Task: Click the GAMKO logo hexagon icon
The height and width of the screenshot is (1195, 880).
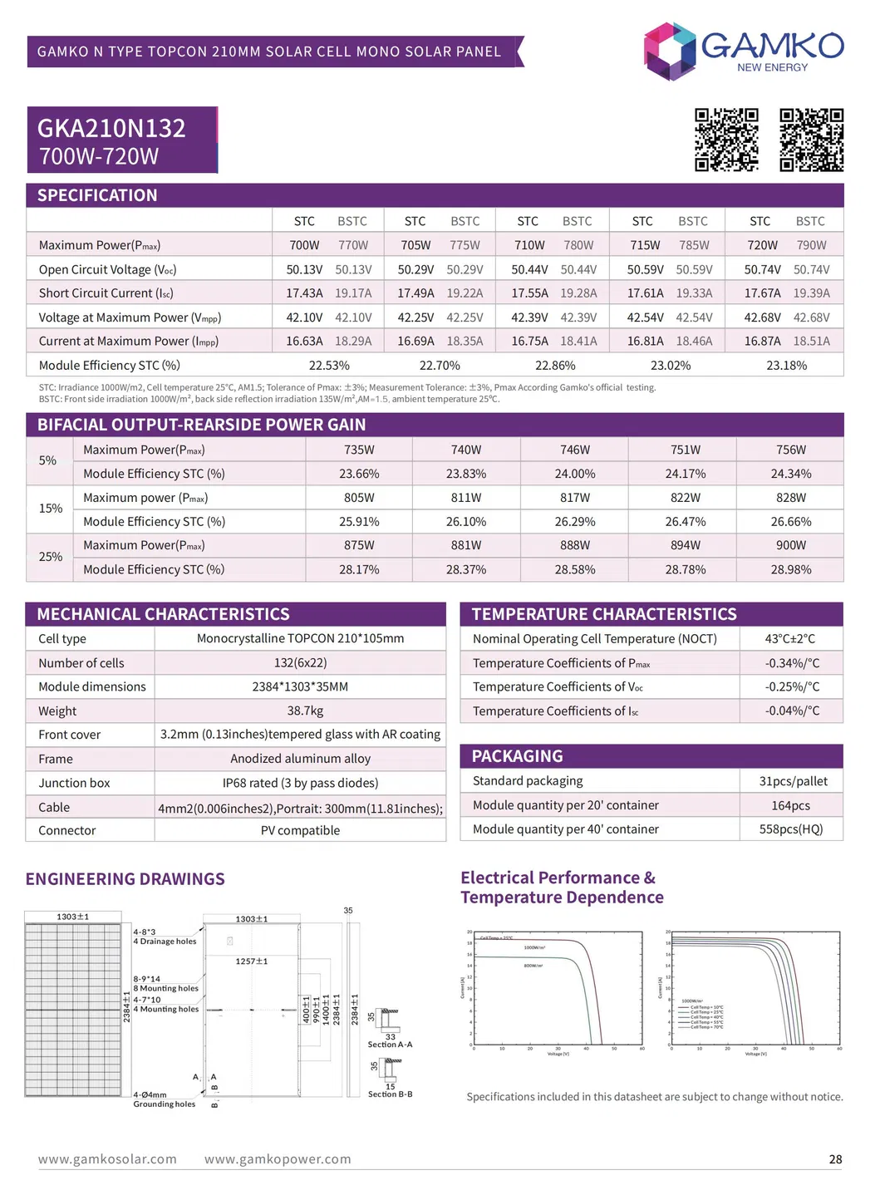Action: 670,51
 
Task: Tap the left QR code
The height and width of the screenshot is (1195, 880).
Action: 726,140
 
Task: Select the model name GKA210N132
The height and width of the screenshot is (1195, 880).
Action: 111,128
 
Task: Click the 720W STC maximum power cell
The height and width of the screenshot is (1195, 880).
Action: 762,245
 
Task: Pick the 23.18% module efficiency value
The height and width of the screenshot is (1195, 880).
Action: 786,365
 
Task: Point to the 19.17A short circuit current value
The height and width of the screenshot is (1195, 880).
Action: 353,293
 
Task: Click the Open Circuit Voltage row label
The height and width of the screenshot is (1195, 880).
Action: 107,269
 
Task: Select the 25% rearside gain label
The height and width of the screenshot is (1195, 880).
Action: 51,557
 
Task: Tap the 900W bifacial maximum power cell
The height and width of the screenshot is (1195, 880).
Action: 790,545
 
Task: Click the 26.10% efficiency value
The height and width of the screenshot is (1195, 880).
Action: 465,522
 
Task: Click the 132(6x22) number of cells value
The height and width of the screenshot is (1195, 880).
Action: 300,662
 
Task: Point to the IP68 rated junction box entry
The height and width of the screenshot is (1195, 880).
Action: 300,783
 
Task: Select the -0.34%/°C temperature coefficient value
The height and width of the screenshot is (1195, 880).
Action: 792,663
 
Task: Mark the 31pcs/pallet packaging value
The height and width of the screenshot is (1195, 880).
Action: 793,781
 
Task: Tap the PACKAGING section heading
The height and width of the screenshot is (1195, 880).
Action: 517,756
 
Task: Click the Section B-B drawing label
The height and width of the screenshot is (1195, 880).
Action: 390,1094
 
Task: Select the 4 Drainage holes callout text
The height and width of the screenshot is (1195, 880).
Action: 165,942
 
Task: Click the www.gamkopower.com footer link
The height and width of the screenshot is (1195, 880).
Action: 278,1159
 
